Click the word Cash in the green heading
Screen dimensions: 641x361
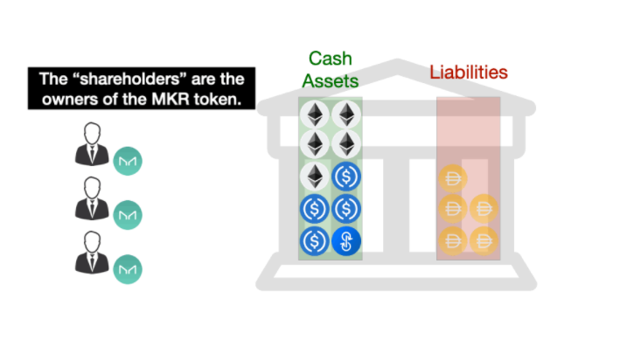click(331, 59)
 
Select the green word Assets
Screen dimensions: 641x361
click(331, 81)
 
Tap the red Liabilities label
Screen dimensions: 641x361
click(469, 73)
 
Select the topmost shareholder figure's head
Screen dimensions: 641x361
click(92, 133)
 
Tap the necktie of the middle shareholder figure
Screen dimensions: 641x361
click(92, 208)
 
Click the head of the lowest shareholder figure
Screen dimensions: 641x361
click(92, 242)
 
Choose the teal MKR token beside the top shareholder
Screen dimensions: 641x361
click(128, 161)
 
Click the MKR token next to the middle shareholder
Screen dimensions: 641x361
click(128, 215)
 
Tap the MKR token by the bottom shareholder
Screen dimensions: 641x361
click(128, 269)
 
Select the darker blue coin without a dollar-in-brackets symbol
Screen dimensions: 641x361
click(346, 241)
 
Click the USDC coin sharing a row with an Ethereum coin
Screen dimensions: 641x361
click(346, 177)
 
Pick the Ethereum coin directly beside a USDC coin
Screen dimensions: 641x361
click(315, 177)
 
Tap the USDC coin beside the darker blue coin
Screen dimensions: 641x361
click(315, 241)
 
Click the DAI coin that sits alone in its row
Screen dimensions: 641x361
click(453, 178)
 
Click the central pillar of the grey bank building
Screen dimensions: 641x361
click(396, 205)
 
